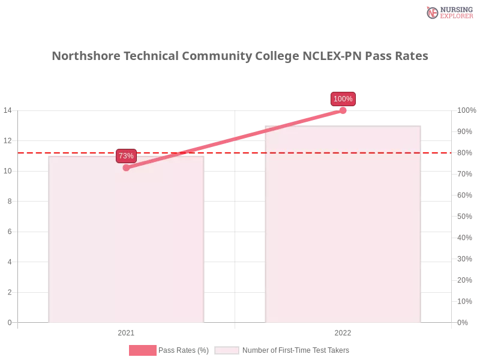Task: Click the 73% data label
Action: (x=126, y=156)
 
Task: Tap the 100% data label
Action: (x=343, y=99)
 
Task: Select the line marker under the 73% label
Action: (x=126, y=168)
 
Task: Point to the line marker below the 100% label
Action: (x=343, y=110)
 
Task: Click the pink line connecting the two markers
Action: (x=234, y=139)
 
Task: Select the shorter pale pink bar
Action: (x=127, y=240)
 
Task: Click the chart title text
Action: (x=240, y=56)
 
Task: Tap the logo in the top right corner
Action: (x=448, y=12)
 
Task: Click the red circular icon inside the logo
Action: (x=433, y=13)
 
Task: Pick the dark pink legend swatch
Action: (x=142, y=350)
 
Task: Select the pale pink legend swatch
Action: (x=226, y=350)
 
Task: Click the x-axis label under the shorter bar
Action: (x=125, y=331)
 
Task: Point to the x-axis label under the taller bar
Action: (x=343, y=331)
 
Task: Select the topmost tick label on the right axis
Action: (x=466, y=110)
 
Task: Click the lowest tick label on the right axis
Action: (x=463, y=322)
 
